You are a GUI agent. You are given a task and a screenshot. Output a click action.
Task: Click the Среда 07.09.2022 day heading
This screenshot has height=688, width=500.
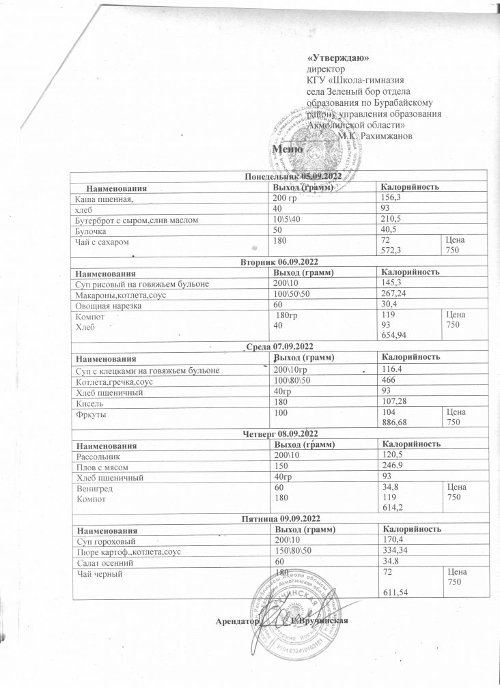pyautogui.click(x=281, y=347)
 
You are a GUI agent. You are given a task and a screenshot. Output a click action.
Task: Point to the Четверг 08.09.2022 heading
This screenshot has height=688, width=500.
pyautogui.click(x=281, y=433)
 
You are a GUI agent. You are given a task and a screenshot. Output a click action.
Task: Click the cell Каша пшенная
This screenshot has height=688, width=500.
pyautogui.click(x=102, y=198)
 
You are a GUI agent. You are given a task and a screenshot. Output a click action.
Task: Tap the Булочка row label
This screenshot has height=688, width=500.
pyautogui.click(x=90, y=230)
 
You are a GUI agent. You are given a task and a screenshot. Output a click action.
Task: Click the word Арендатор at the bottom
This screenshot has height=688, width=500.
pyautogui.click(x=236, y=620)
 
